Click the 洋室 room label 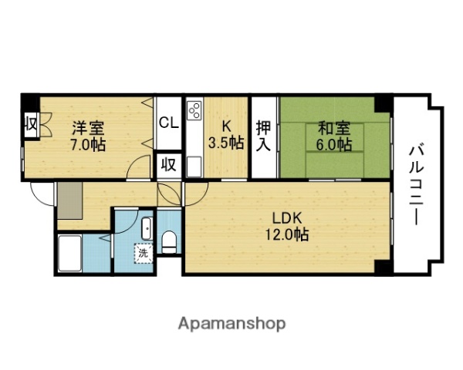pos(89,127)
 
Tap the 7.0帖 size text pos(89,143)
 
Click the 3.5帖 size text pos(226,143)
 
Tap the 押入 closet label pos(264,135)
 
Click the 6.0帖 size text pos(333,144)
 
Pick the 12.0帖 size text pos(286,235)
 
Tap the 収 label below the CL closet pos(168,164)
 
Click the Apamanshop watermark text pos(232,322)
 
